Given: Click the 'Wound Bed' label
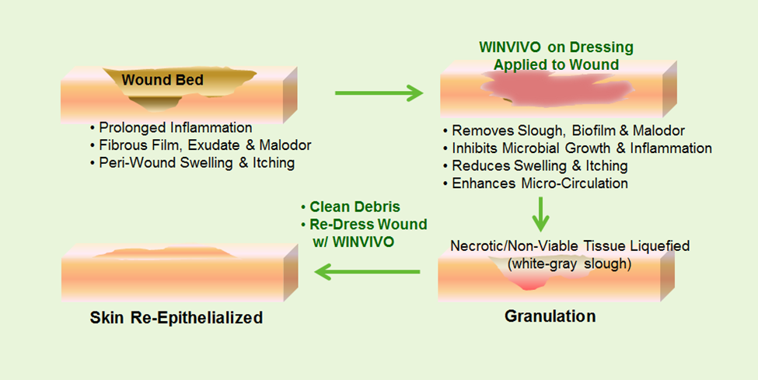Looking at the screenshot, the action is tap(162, 80).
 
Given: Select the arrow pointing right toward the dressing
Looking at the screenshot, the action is tap(379, 92).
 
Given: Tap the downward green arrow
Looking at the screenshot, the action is tap(540, 214).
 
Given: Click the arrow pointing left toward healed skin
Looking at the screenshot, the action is tap(367, 272).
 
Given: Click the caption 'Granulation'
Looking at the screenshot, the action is tap(550, 316).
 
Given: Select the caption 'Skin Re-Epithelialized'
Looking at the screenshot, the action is tap(176, 318).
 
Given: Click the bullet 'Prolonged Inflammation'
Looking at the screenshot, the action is tap(171, 127).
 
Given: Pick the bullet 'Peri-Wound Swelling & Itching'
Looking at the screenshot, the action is tap(192, 163).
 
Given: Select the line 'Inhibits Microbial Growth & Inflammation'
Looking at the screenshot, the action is tap(577, 148).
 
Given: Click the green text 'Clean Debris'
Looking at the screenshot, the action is tap(351, 207).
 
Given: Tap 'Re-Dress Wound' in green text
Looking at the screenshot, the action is tap(364, 225).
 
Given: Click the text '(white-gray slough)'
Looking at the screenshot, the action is tap(569, 264).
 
